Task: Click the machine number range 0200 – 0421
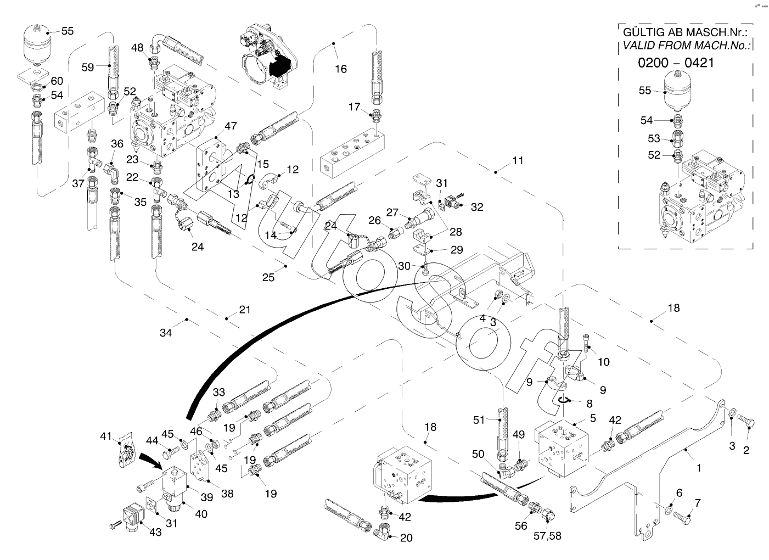(676, 63)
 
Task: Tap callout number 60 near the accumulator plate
(57, 81)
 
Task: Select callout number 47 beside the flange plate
(231, 126)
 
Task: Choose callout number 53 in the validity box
(654, 138)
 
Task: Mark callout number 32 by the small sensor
(477, 207)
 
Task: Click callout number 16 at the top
(341, 69)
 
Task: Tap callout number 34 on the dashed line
(166, 332)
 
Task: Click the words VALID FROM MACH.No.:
(687, 46)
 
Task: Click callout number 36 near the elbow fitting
(117, 144)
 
